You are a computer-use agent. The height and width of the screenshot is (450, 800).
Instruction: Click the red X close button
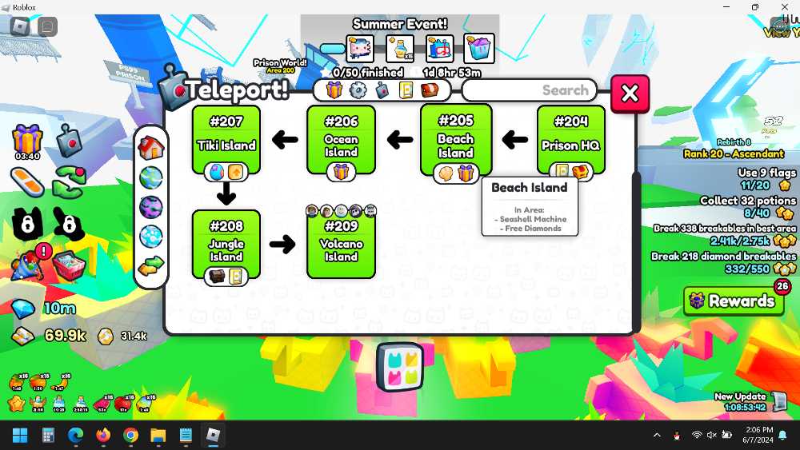pos(630,94)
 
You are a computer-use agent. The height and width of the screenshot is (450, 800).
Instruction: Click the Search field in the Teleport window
pos(529,90)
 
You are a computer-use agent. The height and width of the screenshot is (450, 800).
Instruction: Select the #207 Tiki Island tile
pos(226,138)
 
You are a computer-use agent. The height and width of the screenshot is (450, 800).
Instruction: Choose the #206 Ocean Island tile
pos(341,138)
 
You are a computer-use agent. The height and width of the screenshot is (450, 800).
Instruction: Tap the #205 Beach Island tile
pos(455,138)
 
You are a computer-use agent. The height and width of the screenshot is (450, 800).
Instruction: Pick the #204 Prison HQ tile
pos(570,138)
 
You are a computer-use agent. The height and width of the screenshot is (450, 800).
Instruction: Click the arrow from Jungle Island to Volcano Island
pos(282,244)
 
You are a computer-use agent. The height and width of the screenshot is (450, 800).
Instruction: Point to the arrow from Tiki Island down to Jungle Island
pos(226,193)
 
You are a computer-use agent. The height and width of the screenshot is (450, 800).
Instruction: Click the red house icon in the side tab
pos(150,147)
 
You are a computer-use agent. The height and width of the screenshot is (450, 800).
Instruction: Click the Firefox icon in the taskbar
pos(103,436)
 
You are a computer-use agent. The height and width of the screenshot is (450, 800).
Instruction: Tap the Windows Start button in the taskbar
pos(20,436)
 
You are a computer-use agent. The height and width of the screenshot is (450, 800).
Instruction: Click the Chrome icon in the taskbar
pos(130,436)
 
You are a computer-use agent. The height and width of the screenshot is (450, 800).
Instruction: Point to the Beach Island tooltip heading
pos(529,188)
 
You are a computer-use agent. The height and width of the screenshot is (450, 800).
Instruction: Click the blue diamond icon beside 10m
pos(23,309)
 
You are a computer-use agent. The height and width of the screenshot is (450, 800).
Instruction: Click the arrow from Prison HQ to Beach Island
pos(514,140)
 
